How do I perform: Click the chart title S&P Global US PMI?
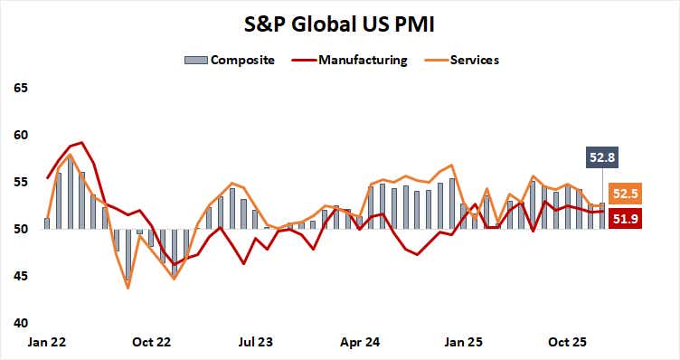[x=339, y=20]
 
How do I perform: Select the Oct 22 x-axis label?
[x=151, y=343]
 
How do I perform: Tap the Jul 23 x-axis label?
[x=256, y=343]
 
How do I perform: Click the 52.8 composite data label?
[x=602, y=158]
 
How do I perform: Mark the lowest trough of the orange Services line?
[x=127, y=288]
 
